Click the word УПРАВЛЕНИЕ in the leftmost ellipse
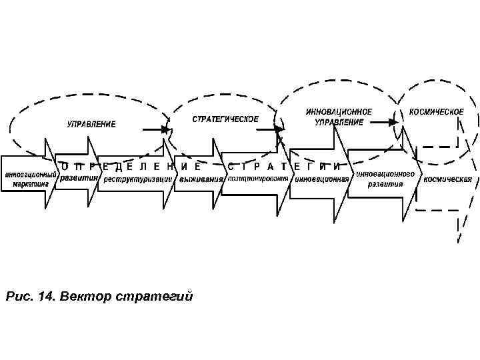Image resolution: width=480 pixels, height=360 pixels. click(x=91, y=124)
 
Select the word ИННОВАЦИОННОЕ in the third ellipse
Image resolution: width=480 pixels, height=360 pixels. click(x=339, y=112)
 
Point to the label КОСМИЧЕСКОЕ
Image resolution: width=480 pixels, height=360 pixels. click(x=437, y=112)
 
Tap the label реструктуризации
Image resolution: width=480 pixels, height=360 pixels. click(x=136, y=179)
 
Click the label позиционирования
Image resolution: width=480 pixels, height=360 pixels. click(x=258, y=179)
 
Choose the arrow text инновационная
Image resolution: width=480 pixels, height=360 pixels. click(x=323, y=179)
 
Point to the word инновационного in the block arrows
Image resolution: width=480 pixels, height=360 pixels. click(x=386, y=173)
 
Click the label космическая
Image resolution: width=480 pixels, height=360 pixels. click(x=449, y=179)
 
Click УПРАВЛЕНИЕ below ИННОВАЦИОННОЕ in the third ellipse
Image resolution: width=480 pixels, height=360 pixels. click(x=339, y=123)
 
